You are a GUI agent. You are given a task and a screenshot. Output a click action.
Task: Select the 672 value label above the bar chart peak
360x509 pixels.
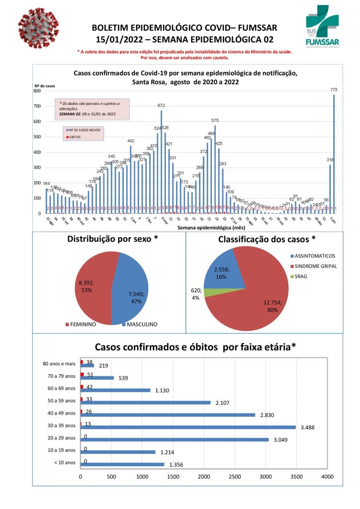pyautogui.click(x=162, y=105)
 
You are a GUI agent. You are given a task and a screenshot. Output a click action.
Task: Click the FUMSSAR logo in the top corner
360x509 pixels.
pyautogui.click(x=324, y=29)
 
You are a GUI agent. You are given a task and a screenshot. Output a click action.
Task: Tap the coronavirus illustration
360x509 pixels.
pyautogui.click(x=37, y=33)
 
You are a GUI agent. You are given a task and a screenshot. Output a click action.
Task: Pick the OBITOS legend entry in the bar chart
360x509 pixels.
pyautogui.click(x=76, y=137)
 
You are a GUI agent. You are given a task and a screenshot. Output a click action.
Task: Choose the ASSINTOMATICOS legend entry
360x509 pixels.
pyautogui.click(x=314, y=256)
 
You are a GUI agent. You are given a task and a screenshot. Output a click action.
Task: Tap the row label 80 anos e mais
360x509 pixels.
pyautogui.click(x=59, y=364)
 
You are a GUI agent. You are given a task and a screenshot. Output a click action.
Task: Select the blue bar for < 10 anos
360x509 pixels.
pyautogui.click(x=122, y=464)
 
